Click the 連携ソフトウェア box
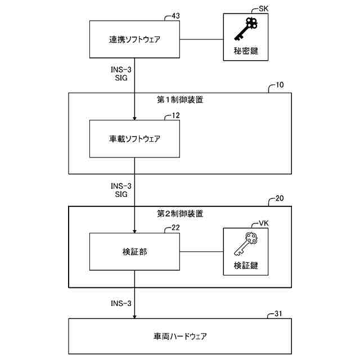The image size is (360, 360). click(x=134, y=40)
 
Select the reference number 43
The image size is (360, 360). click(x=176, y=16)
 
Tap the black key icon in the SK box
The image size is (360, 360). click(x=246, y=30)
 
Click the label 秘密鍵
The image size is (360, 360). click(x=246, y=51)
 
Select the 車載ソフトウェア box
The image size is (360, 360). click(x=134, y=138)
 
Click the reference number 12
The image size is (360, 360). click(x=176, y=115)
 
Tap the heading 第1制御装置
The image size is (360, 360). click(x=180, y=101)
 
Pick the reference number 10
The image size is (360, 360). click(x=280, y=86)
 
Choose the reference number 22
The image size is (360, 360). click(x=176, y=228)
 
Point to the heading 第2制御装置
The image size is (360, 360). click(x=180, y=214)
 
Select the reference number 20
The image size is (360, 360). click(x=280, y=199)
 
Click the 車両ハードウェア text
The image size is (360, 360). click(x=180, y=336)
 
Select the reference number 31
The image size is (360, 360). click(x=280, y=313)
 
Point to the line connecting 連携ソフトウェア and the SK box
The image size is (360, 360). click(x=201, y=40)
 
